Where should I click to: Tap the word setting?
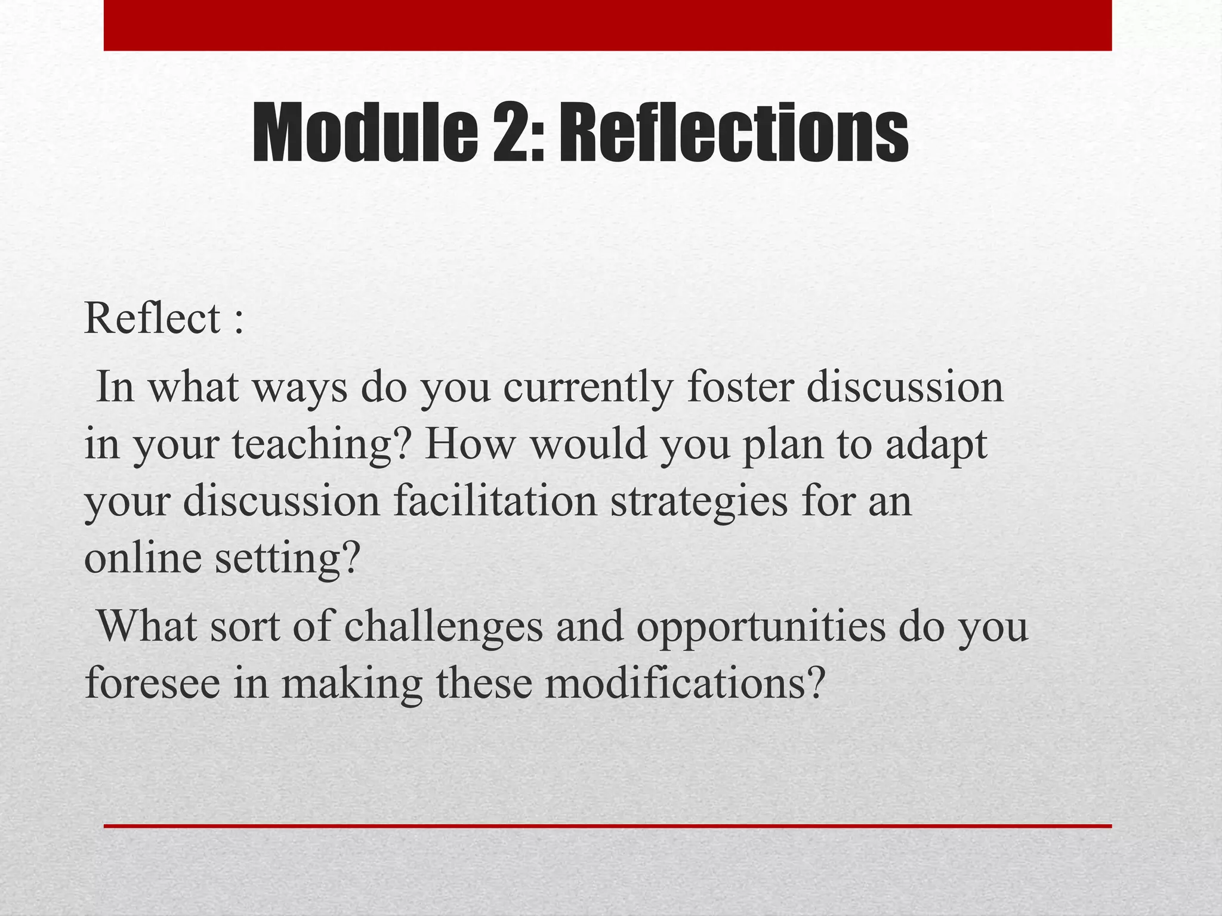(x=288, y=559)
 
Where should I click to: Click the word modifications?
(x=684, y=683)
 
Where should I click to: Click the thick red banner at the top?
(x=607, y=25)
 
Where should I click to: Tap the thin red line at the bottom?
(x=607, y=826)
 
